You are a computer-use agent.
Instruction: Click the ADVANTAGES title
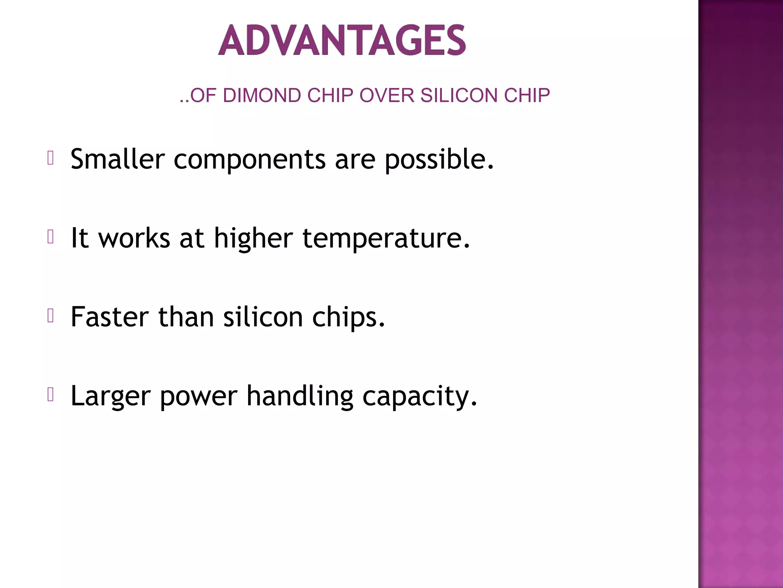342,40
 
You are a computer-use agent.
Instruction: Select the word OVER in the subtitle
387,95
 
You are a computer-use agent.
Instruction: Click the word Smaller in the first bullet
117,159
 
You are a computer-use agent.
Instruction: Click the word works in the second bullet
134,238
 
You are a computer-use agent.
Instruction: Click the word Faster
110,317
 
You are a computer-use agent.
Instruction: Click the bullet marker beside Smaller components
50,158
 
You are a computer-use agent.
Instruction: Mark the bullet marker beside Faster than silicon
50,316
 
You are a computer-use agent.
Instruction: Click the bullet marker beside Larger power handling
50,395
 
